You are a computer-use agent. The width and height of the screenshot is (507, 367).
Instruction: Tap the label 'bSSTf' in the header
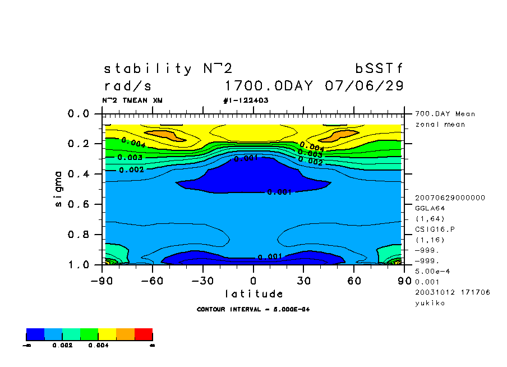coord(379,69)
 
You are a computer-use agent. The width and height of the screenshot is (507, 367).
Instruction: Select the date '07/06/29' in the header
coord(364,86)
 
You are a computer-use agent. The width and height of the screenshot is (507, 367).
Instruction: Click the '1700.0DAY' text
coord(271,86)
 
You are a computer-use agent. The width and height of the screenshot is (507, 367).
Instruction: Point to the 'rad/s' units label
coord(128,86)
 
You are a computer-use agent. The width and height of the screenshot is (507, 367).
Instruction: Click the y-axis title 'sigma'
coord(59,189)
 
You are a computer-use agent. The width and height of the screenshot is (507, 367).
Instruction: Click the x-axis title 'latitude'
coord(254,293)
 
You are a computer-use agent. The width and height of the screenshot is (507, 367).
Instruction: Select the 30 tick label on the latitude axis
coord(303,280)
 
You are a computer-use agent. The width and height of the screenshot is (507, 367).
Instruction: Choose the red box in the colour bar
coord(143,335)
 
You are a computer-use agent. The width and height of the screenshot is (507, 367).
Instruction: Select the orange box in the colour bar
coord(125,335)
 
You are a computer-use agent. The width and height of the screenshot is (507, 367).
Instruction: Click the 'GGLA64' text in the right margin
coord(430,208)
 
